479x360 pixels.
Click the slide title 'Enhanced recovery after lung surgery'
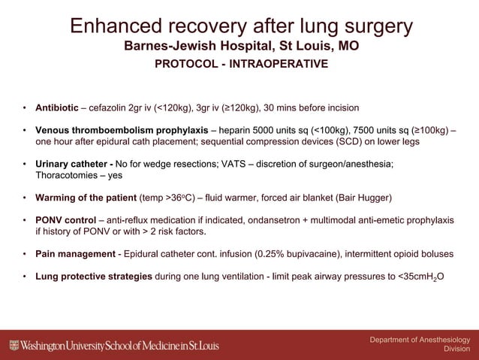pyautogui.click(x=240, y=26)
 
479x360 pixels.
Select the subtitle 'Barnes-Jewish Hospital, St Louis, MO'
pyautogui.click(x=240, y=47)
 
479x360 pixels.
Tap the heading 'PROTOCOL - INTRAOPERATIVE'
pyautogui.click(x=240, y=64)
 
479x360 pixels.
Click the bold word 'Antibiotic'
pyautogui.click(x=58, y=107)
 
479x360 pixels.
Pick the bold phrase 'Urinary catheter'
pyautogui.click(x=73, y=164)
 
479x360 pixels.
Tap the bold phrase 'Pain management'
pyautogui.click(x=76, y=254)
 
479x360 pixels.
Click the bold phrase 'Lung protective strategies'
pyautogui.click(x=94, y=277)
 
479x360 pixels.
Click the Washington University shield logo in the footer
pyautogui.click(x=14, y=345)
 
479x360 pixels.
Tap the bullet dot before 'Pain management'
pyautogui.click(x=25, y=254)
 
